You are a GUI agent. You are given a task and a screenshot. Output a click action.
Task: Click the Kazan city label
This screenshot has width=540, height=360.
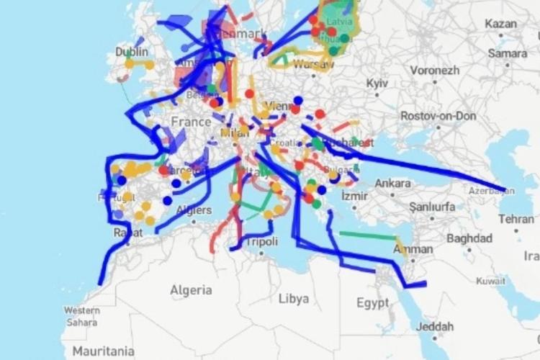[x=501, y=24]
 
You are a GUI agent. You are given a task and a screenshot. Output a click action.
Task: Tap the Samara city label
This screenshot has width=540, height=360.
[x=507, y=53]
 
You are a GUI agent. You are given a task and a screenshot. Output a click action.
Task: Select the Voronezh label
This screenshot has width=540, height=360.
[x=435, y=71]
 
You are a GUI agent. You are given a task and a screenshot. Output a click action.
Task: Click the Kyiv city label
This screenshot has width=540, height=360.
[x=377, y=84]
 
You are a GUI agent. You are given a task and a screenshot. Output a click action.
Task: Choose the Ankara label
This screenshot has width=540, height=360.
[x=392, y=183]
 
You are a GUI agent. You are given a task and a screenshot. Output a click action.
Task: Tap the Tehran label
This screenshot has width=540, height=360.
[x=516, y=219]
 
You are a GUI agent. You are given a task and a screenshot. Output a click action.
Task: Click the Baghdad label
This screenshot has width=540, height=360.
[x=469, y=238]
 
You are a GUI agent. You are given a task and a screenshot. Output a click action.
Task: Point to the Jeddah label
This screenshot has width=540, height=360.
[x=435, y=325]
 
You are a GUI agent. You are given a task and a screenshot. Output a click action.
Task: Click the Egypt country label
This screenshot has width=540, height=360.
[x=372, y=302]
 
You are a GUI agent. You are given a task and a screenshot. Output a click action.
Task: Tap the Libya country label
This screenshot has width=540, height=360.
[x=294, y=298]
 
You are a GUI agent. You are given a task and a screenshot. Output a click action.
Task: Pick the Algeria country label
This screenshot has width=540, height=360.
[x=191, y=290]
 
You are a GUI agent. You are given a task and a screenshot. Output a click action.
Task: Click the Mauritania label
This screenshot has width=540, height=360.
[x=103, y=351]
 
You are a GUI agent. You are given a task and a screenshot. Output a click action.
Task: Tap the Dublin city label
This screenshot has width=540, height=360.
[x=132, y=52]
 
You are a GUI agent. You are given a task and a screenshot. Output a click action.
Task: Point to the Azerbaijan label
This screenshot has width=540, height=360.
[x=492, y=191]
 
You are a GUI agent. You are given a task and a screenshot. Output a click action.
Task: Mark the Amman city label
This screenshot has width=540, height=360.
[x=413, y=249]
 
